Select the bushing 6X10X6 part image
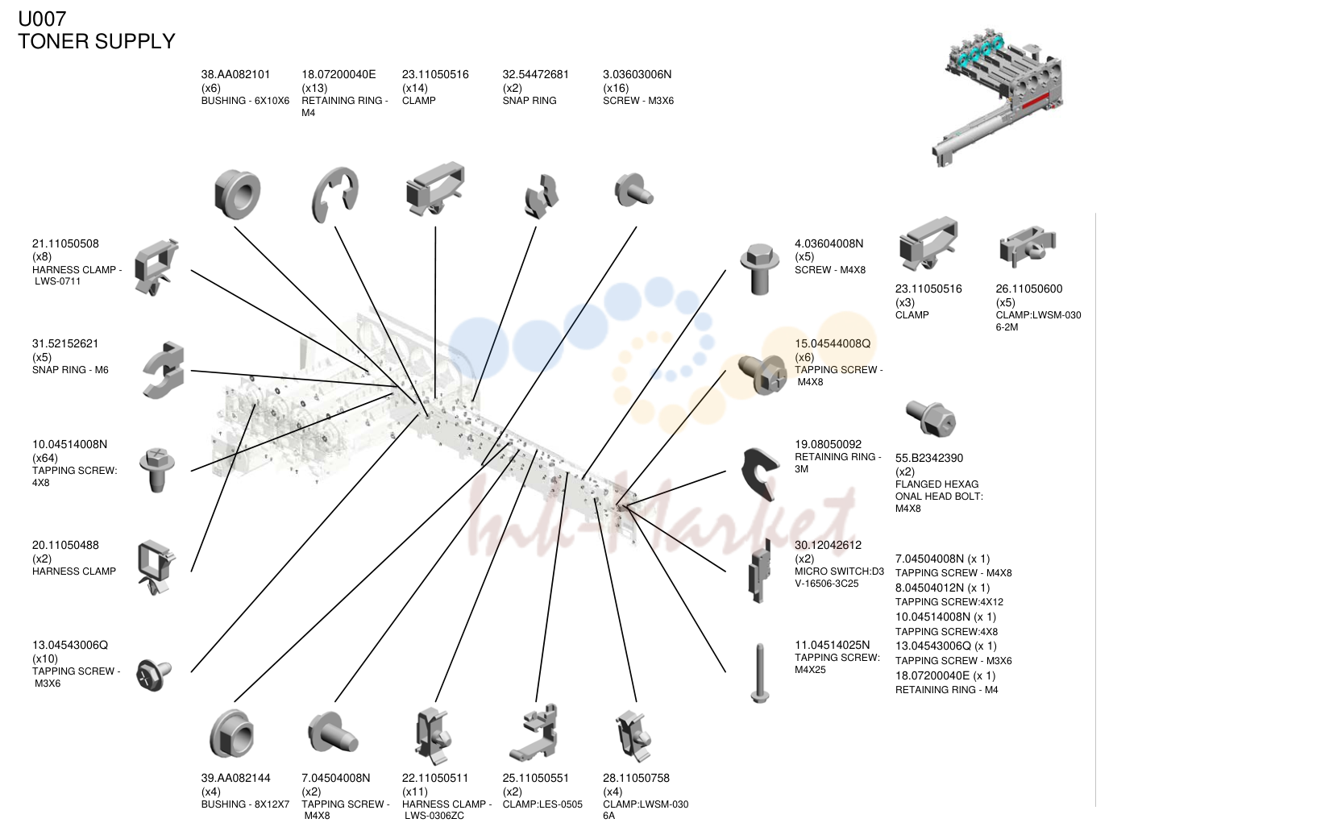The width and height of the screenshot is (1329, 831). tap(237, 194)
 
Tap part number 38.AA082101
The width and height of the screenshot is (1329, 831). tap(235, 75)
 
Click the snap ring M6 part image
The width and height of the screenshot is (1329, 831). tap(164, 371)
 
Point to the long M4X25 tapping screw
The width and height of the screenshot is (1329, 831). tap(760, 673)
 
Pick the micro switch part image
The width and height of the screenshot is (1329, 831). tap(760, 571)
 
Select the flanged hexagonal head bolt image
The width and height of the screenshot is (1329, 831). tap(931, 418)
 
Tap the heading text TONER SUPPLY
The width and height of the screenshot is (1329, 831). tap(97, 42)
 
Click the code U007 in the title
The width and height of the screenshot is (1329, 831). tap(42, 19)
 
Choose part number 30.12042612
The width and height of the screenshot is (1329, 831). tap(829, 545)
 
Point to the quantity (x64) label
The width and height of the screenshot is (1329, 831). tap(45, 458)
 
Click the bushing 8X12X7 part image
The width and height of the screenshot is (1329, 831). tap(232, 733)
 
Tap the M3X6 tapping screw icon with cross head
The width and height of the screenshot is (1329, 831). tap(153, 675)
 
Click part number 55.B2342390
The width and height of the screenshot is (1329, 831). tap(929, 458)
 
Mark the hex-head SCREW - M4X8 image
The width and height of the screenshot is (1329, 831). tap(759, 268)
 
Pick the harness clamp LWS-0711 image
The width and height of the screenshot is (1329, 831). tap(156, 267)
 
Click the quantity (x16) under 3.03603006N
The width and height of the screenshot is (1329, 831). tap(616, 89)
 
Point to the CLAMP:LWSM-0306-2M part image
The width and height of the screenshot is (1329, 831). tap(1028, 246)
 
